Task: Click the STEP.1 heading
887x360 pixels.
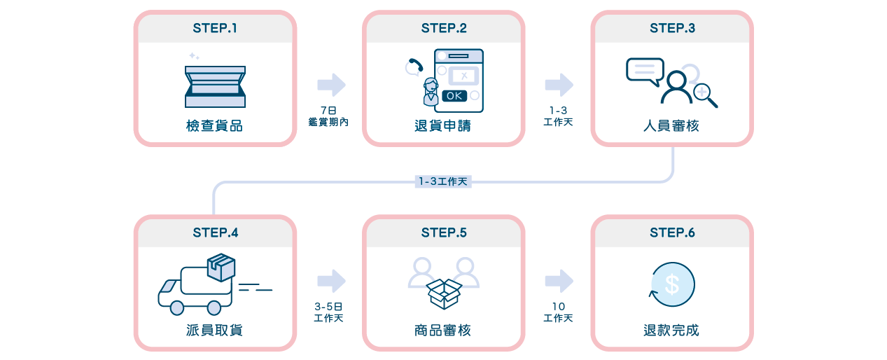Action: coord(215,28)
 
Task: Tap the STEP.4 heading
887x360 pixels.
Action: coord(215,233)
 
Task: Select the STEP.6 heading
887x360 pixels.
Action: coord(672,233)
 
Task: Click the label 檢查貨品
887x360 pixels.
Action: coord(215,126)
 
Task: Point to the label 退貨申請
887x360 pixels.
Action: coord(443,126)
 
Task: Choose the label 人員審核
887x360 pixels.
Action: coord(672,126)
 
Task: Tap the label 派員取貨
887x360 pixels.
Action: coord(215,330)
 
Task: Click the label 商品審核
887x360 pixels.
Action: coord(443,330)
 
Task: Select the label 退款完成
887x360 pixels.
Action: coord(672,330)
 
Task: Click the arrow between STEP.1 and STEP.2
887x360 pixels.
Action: coord(331,85)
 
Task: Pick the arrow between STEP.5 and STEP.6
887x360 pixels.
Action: coord(559,281)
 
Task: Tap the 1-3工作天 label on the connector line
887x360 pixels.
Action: coord(443,181)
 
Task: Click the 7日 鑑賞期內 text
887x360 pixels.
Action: coord(328,116)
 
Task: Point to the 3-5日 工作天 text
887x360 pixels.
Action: coord(328,312)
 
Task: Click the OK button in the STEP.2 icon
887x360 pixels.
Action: coord(454,96)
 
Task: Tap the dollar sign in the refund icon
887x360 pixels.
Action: coord(672,284)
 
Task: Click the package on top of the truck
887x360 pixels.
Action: coord(221,267)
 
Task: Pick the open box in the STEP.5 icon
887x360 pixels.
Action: coord(444,293)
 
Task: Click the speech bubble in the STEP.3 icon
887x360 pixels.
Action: coord(645,71)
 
